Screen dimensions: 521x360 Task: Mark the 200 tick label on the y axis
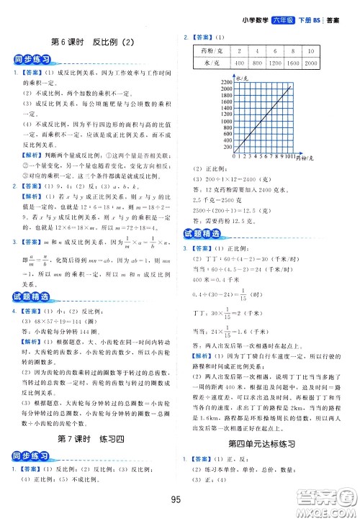pyautogui.click(x=228, y=147)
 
